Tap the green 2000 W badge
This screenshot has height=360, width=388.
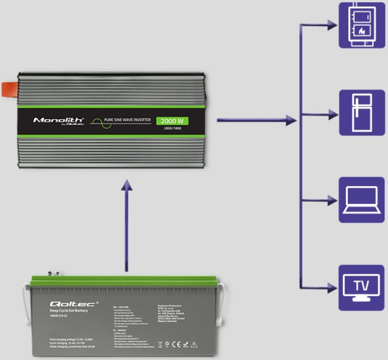coord(173,121)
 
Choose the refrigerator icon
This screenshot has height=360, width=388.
coord(362,112)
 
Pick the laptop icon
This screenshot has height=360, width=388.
coord(362,200)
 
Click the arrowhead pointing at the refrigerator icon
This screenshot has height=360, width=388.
coord(333,112)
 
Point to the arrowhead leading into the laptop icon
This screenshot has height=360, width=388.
coord(333,200)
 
